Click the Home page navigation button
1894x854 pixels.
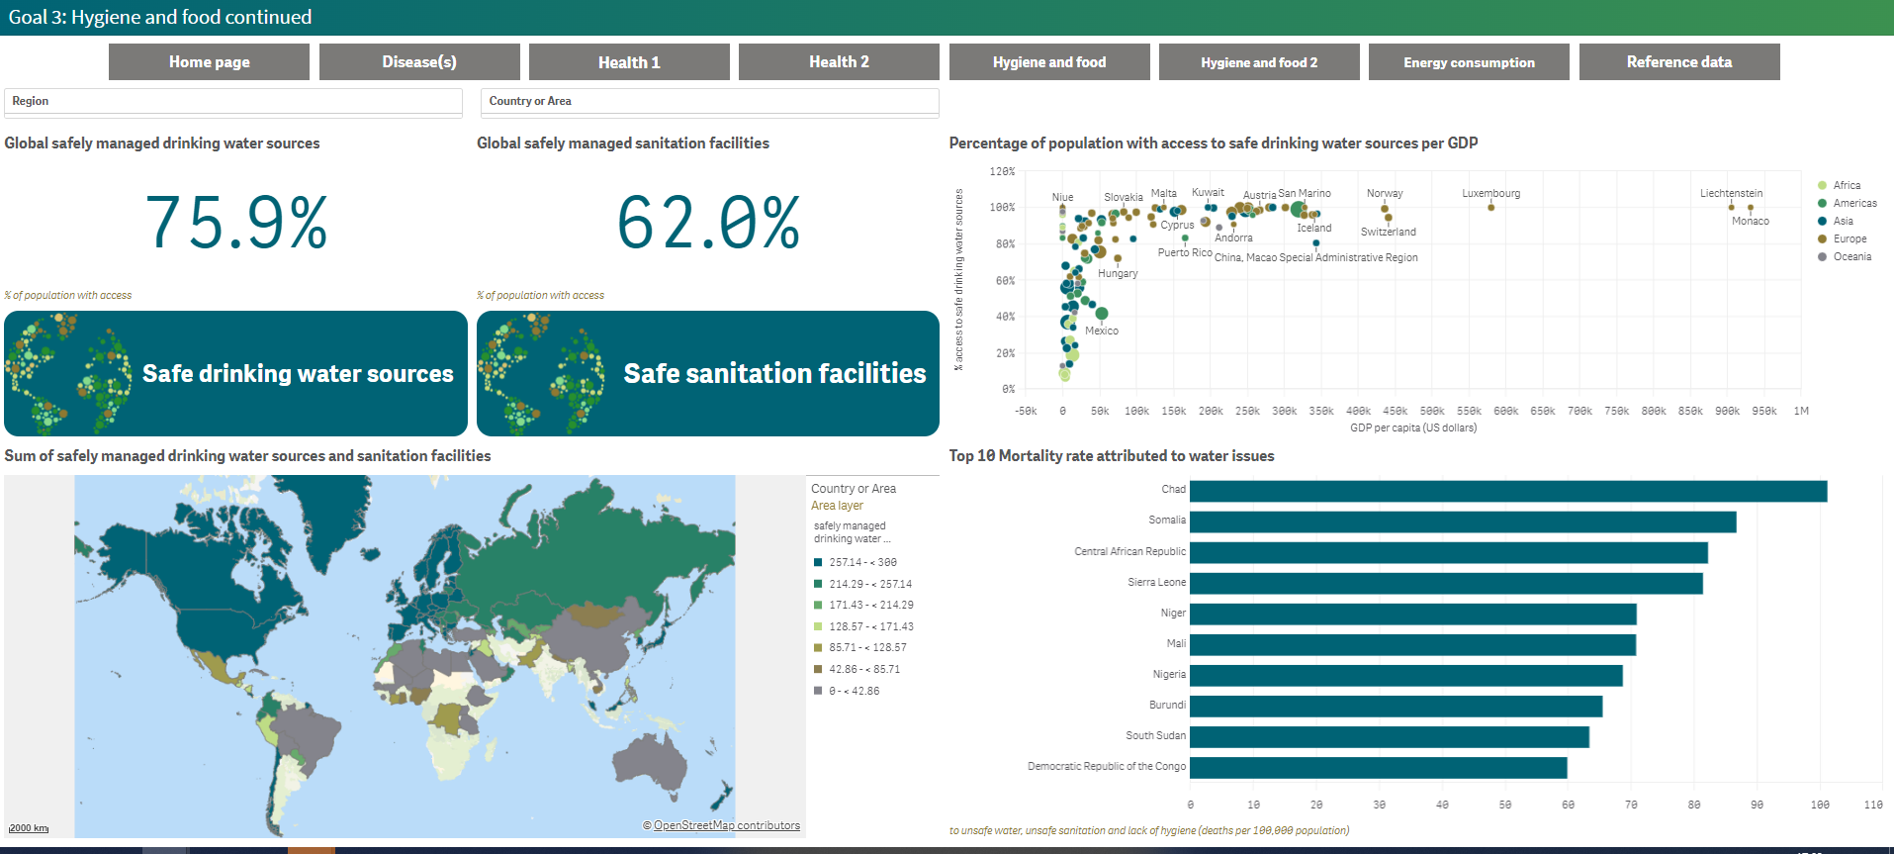[x=209, y=62]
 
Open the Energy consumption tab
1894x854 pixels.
[x=1469, y=62]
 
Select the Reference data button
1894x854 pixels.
[x=1678, y=62]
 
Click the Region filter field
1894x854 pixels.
[x=233, y=101]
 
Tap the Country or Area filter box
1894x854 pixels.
[x=709, y=101]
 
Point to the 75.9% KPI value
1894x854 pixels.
[x=236, y=223]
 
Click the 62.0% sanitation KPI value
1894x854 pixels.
[x=708, y=223]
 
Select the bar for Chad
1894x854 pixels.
[x=1507, y=491]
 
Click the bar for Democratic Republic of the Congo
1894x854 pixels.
[x=1378, y=768]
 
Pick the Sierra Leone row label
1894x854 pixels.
[x=1156, y=582]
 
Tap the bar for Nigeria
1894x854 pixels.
[x=1404, y=675]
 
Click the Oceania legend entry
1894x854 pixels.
[x=1851, y=256]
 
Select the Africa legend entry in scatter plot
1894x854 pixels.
[x=1846, y=185]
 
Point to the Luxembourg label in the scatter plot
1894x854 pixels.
[x=1490, y=193]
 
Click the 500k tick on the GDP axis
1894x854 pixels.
[x=1432, y=411]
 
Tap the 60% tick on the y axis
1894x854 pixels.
[x=1004, y=281]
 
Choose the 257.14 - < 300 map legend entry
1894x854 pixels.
[x=862, y=562]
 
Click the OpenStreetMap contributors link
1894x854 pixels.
[x=726, y=825]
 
